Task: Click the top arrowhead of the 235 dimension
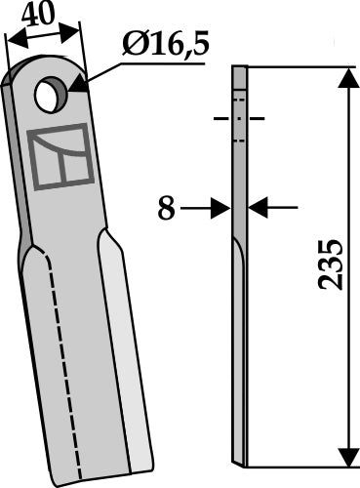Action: [347, 77]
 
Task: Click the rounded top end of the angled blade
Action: [44, 70]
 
